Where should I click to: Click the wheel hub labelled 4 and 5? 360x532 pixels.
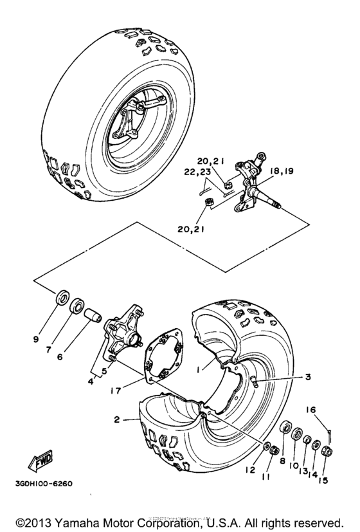[x=127, y=340]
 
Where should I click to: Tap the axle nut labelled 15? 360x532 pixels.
[x=327, y=448]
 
